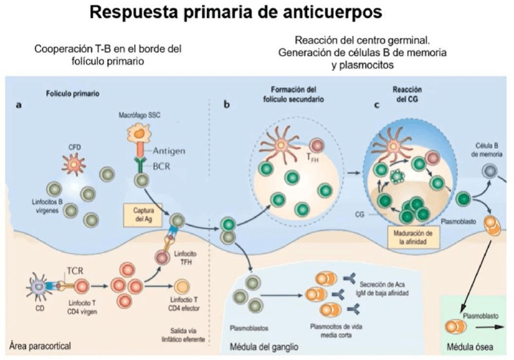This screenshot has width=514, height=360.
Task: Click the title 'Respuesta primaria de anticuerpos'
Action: (x=256, y=13)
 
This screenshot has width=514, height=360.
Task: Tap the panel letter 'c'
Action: (x=376, y=106)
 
